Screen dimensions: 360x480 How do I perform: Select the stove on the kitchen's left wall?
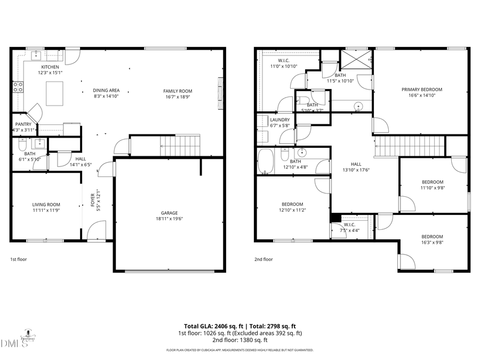(18, 87)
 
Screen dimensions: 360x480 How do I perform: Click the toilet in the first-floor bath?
(22, 145)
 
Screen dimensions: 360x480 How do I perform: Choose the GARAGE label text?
(170, 212)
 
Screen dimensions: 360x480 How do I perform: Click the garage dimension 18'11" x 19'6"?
(170, 219)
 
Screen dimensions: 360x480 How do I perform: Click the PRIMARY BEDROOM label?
(422, 90)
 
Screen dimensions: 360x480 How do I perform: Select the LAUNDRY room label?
(280, 120)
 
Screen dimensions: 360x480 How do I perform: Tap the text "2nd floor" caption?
(263, 260)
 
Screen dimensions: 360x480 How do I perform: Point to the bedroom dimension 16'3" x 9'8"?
(432, 243)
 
